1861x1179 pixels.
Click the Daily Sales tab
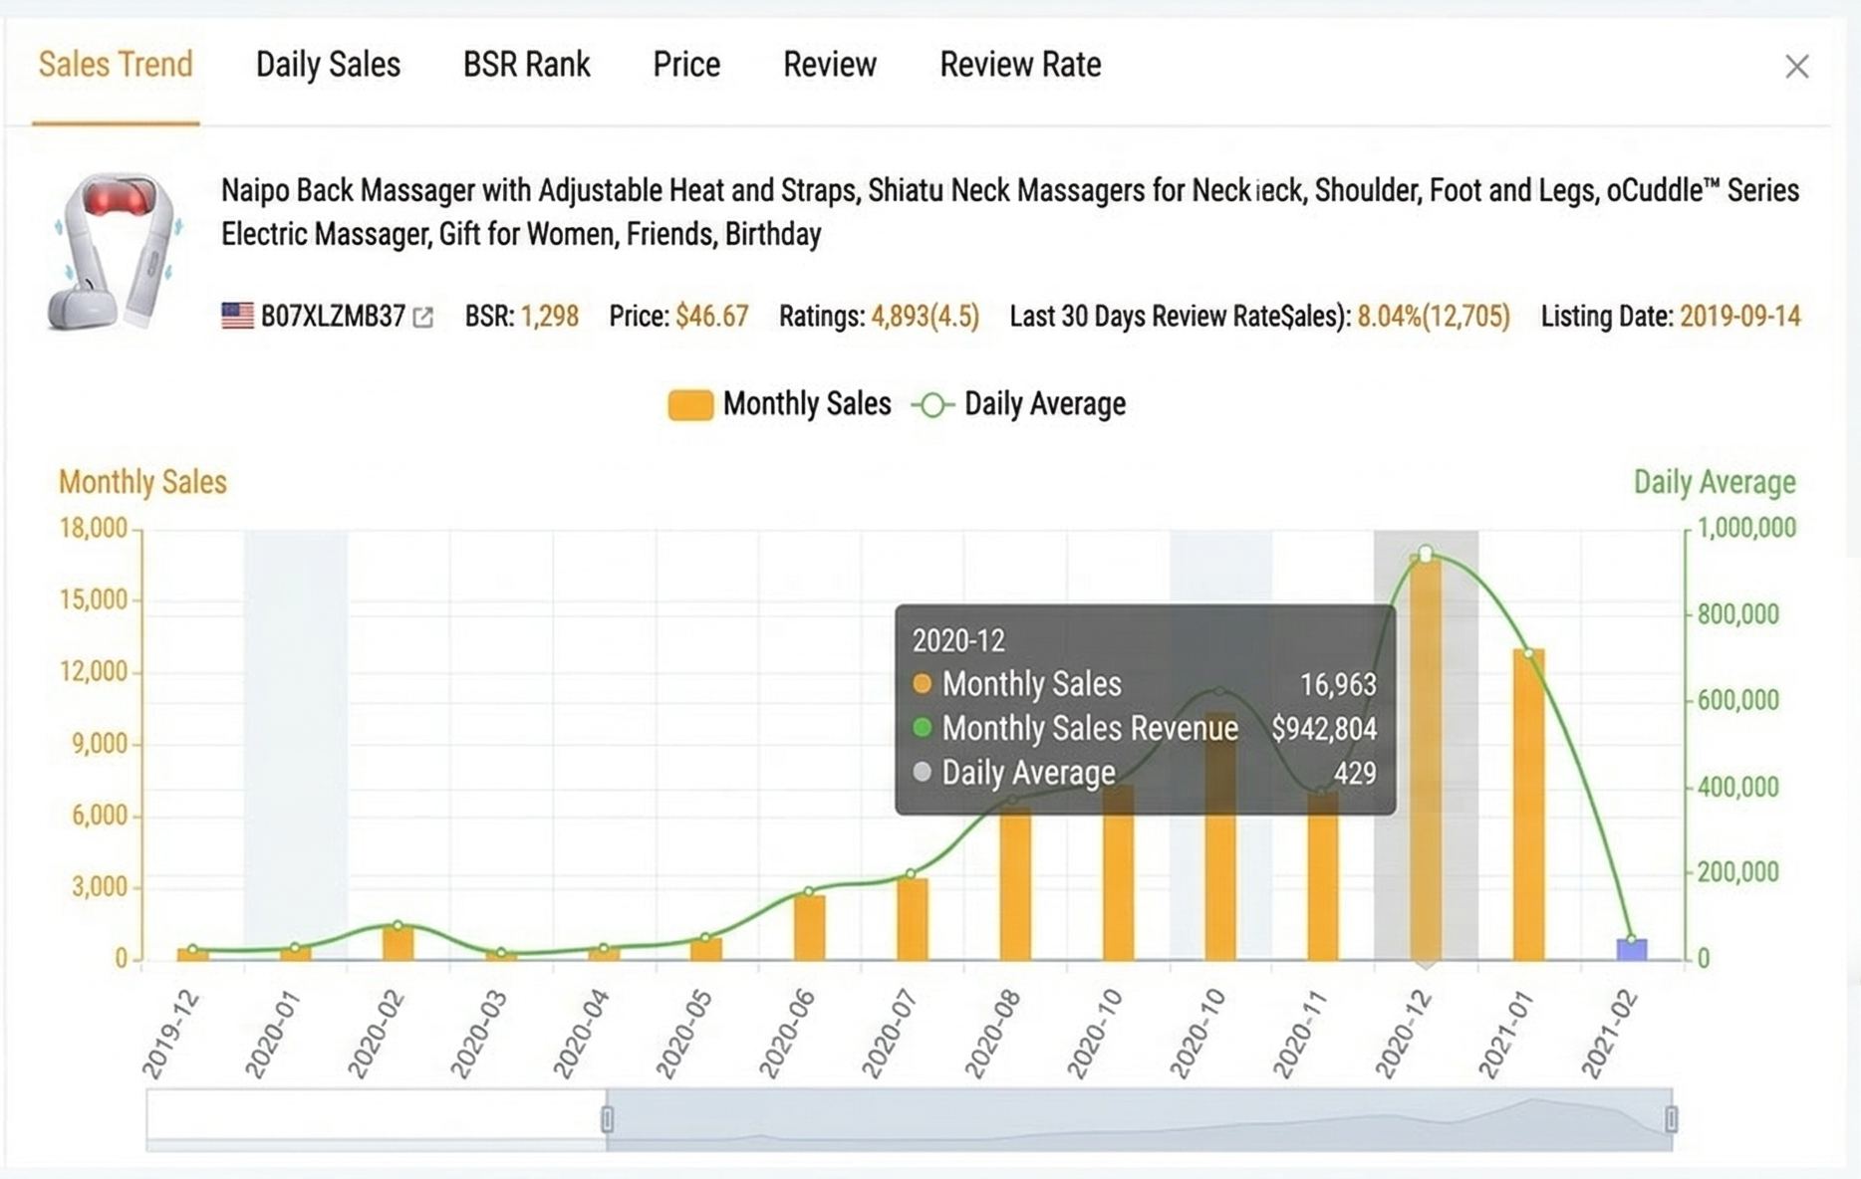coord(328,66)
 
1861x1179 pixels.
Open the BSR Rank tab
coord(526,66)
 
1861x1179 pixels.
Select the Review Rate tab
coord(1020,66)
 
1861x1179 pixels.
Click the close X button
coord(1796,67)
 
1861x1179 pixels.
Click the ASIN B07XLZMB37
coord(333,317)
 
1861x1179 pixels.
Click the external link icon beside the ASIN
coord(423,318)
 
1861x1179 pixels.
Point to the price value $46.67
coord(711,317)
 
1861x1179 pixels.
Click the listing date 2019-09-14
coord(1739,317)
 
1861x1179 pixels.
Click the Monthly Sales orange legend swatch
coord(690,405)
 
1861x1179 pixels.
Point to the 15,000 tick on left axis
coord(94,599)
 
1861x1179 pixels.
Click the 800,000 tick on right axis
coord(1737,614)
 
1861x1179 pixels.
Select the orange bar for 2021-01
coord(1528,807)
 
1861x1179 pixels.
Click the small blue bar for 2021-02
coord(1631,950)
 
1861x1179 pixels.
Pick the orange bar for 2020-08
coord(1015,881)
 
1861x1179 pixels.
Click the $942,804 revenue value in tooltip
coord(1324,729)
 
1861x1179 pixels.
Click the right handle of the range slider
coord(1671,1119)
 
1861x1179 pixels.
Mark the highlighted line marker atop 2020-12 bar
coord(1426,554)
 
